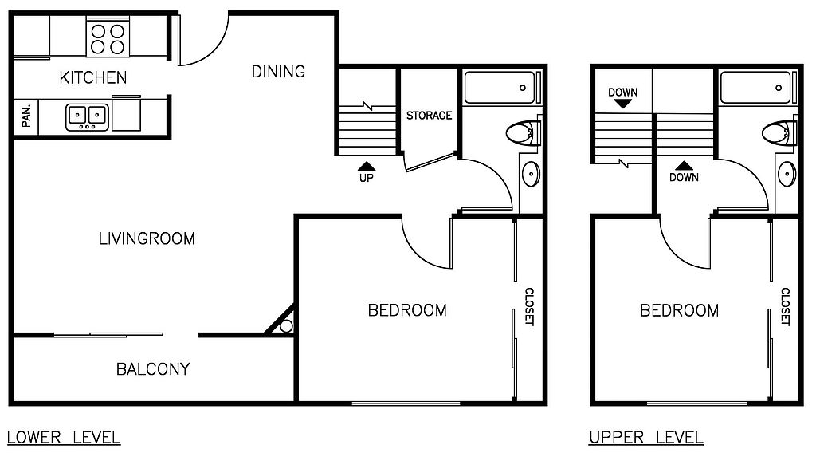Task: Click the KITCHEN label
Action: click(x=93, y=77)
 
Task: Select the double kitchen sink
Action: click(x=88, y=116)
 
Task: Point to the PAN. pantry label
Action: click(x=26, y=116)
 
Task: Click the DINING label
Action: click(x=278, y=72)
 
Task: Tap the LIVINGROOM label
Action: click(x=147, y=238)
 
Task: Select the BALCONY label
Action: click(x=153, y=369)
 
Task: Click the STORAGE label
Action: click(x=429, y=116)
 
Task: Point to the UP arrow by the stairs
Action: click(x=367, y=167)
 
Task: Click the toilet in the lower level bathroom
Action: click(x=524, y=133)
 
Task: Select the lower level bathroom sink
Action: click(x=531, y=174)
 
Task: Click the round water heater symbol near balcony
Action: click(x=286, y=326)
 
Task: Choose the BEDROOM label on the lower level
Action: click(x=407, y=310)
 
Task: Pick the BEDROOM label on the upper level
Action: click(x=680, y=310)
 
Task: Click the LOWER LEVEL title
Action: click(x=64, y=438)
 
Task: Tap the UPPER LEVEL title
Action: click(x=645, y=438)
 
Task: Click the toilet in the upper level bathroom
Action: click(x=779, y=133)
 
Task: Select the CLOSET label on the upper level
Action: click(x=785, y=306)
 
